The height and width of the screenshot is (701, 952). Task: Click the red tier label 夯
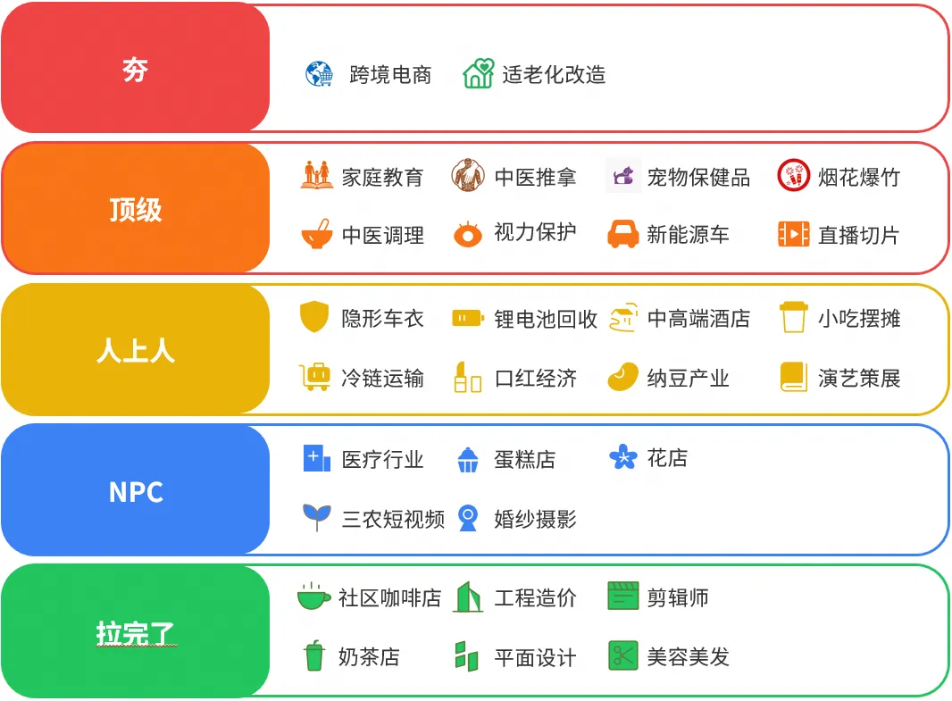click(x=135, y=69)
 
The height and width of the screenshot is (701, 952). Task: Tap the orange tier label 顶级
click(x=135, y=210)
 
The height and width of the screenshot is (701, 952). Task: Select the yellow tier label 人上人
click(x=135, y=350)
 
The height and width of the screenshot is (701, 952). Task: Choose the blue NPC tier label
click(x=135, y=491)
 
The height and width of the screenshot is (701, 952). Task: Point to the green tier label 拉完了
click(x=135, y=632)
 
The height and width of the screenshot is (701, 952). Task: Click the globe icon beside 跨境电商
click(x=319, y=74)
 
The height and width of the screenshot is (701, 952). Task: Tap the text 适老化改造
click(x=554, y=74)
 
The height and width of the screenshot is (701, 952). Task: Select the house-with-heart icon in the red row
click(x=478, y=73)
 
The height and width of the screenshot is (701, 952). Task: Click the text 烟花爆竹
click(x=858, y=177)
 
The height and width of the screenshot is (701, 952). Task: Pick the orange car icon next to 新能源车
click(x=622, y=234)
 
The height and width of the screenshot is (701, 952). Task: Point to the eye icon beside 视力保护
click(x=467, y=234)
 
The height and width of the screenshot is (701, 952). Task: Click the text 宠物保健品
click(x=698, y=177)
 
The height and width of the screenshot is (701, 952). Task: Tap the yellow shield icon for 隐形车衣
click(x=314, y=317)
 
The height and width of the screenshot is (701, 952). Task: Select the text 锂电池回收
click(x=546, y=319)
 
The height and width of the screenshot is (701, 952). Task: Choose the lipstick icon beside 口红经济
click(x=467, y=377)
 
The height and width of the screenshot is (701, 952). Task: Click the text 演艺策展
click(x=858, y=378)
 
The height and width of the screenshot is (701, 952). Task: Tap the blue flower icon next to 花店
click(x=622, y=457)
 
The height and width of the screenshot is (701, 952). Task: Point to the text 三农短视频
click(x=393, y=518)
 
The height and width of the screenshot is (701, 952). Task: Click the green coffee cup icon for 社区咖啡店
click(x=313, y=596)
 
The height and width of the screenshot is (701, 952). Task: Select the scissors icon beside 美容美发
click(x=622, y=655)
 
